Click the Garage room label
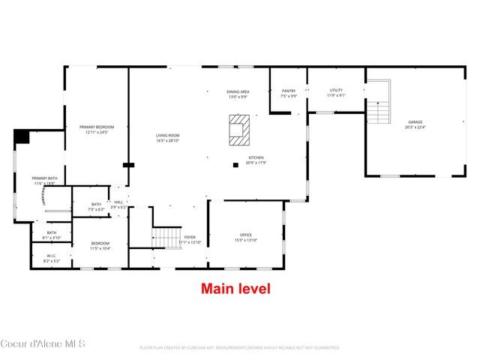click(415, 124)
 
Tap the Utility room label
click(335, 93)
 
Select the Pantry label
click(289, 93)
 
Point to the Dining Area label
click(238, 94)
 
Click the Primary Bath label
click(45, 181)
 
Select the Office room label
click(245, 238)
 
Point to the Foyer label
click(190, 239)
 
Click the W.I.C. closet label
click(51, 258)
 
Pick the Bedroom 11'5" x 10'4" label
click(100, 245)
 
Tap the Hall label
click(118, 204)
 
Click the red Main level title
click(235, 288)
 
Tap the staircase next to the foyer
click(167, 238)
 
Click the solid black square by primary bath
click(21, 136)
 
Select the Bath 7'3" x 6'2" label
click(96, 206)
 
